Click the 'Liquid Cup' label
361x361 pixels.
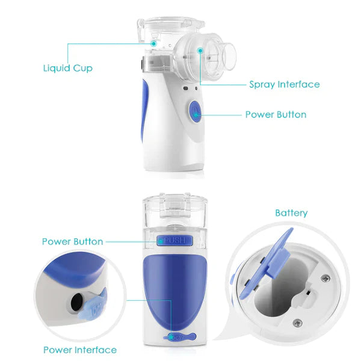[67, 68]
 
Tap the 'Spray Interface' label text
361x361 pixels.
[284, 84]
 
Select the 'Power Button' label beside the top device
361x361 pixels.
[276, 114]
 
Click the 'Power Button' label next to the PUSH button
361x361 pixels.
[72, 241]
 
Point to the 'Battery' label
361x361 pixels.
[291, 213]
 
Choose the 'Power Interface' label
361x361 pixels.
[80, 350]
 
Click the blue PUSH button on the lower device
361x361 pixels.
[173, 241]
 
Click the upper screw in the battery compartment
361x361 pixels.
[325, 277]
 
